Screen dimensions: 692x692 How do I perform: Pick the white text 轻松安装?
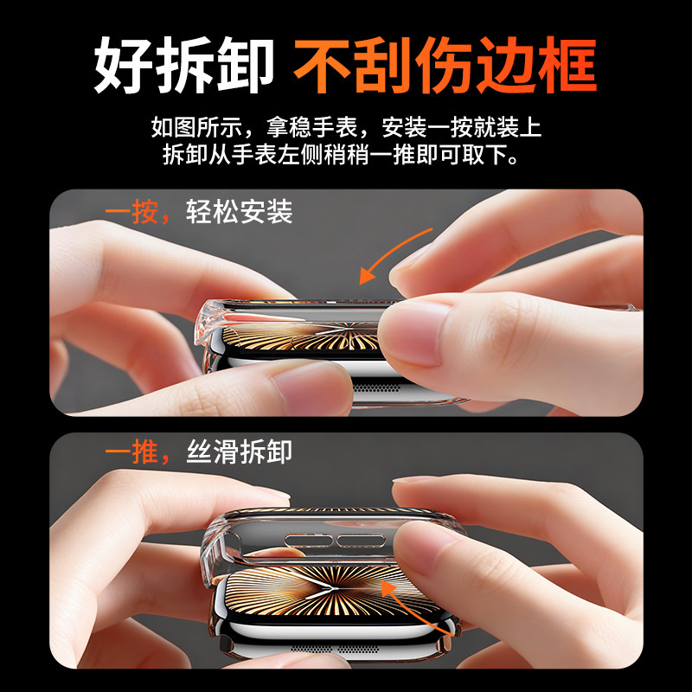(240, 211)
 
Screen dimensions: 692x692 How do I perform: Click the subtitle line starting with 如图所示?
(346, 128)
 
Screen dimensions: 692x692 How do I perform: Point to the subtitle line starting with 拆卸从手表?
(346, 157)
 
